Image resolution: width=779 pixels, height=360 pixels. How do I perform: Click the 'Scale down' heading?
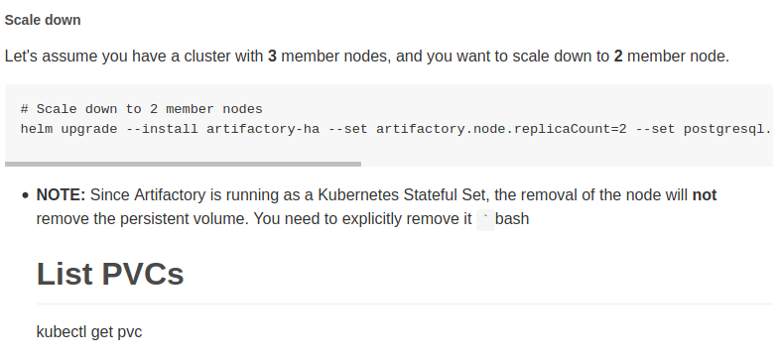pyautogui.click(x=43, y=20)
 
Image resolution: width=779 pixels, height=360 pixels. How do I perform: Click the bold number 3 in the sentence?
pyautogui.click(x=272, y=56)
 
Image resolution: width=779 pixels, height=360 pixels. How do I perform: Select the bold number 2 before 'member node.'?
pyautogui.click(x=618, y=56)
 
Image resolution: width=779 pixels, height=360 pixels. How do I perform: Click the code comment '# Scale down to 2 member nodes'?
pyautogui.click(x=141, y=109)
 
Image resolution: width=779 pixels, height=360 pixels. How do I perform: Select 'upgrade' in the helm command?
pyautogui.click(x=90, y=129)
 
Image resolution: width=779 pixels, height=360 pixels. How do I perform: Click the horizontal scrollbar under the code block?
pyautogui.click(x=184, y=164)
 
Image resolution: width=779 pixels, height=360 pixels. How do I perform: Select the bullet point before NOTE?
pyautogui.click(x=24, y=196)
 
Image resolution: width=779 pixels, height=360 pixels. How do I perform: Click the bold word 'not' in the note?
pyautogui.click(x=704, y=195)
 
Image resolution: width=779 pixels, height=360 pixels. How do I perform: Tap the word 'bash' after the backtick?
pyautogui.click(x=513, y=219)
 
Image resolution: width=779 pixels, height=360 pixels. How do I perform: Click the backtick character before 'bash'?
pyautogui.click(x=485, y=218)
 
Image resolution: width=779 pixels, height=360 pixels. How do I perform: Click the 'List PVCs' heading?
pyautogui.click(x=110, y=274)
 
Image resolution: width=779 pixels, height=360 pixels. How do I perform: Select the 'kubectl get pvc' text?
pyautogui.click(x=89, y=331)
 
